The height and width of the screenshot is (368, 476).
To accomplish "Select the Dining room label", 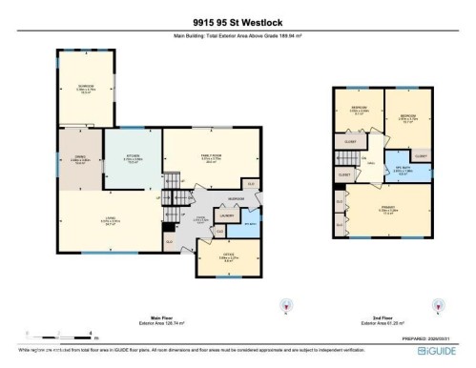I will (x=81, y=160).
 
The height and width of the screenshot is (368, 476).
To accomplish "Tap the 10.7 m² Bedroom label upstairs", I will (x=408, y=119).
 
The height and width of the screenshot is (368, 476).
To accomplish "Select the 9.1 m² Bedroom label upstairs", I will (x=360, y=109).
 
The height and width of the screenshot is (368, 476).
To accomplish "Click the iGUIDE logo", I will (x=445, y=351).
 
